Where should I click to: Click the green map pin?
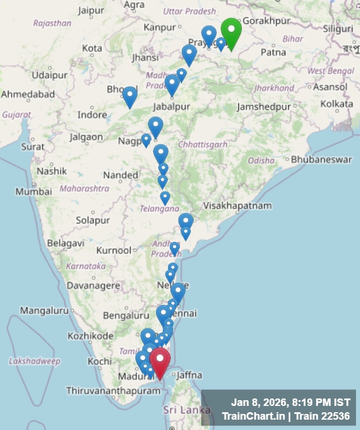pyautogui.click(x=231, y=32)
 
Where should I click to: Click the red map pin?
pyautogui.click(x=160, y=361)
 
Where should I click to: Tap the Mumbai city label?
pyautogui.click(x=34, y=191)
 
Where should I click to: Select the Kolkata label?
pyautogui.click(x=336, y=104)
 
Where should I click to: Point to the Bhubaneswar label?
pyautogui.click(x=321, y=159)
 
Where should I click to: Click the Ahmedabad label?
pyautogui.click(x=28, y=94)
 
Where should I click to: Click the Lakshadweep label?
pyautogui.click(x=34, y=361)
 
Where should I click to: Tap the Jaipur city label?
pyautogui.click(x=91, y=10)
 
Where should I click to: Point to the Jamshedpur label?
pyautogui.click(x=264, y=107)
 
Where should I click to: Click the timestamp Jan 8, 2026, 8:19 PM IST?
pyautogui.click(x=290, y=401)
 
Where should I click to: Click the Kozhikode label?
pyautogui.click(x=91, y=335)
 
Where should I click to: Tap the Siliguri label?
pyautogui.click(x=338, y=28)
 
